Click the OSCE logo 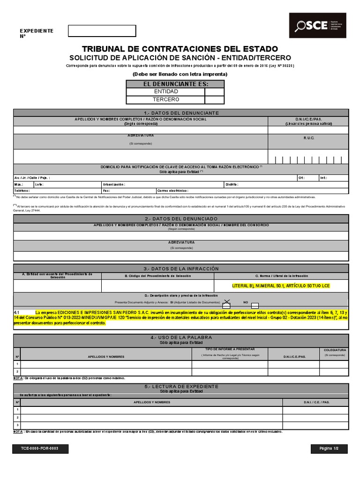click(317, 26)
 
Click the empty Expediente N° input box click(102, 31)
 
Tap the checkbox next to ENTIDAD click(214, 92)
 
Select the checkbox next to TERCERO click(214, 100)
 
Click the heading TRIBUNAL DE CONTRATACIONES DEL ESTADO click(180, 49)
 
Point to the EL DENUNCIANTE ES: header click(175, 84)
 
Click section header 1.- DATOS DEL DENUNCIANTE click(181, 113)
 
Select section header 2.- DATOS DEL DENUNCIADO click(181, 219)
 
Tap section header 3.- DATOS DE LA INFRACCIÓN click(181, 269)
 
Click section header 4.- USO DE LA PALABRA click(181, 337)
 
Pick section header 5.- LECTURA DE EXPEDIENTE click(181, 386)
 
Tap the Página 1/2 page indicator click(329, 449)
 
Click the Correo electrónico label click(172, 191)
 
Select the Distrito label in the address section click(232, 185)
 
